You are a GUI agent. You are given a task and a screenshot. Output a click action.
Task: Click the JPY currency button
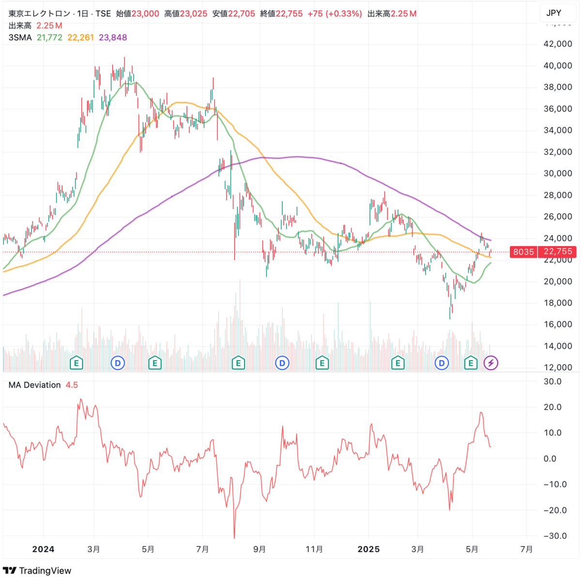553,13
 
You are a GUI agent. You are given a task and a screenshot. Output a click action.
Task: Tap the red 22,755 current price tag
558,251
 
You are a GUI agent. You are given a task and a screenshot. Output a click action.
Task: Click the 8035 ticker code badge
523,251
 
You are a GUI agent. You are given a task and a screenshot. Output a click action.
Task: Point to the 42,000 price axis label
558,44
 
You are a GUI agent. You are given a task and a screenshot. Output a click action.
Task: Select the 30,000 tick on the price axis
558,173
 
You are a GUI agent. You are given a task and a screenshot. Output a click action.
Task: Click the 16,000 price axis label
558,325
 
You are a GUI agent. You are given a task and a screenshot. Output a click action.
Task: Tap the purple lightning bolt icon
490,362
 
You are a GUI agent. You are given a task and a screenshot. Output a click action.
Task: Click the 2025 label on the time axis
368,549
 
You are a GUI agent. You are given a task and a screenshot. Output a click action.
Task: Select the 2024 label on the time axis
43,549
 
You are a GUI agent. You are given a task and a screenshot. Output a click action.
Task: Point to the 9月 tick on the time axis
260,549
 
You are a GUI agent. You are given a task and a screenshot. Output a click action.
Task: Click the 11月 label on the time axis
314,549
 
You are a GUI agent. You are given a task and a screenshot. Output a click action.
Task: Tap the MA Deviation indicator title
35,385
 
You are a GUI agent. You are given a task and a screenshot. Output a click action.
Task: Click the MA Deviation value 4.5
72,385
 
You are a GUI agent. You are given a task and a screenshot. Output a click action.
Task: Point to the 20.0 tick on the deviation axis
552,407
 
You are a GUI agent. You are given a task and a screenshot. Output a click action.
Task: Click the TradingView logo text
45,571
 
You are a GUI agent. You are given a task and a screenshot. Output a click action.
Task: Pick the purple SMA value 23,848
113,37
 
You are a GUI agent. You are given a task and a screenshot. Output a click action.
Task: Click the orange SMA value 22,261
80,37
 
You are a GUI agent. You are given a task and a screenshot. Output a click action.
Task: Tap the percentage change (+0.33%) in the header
345,14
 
